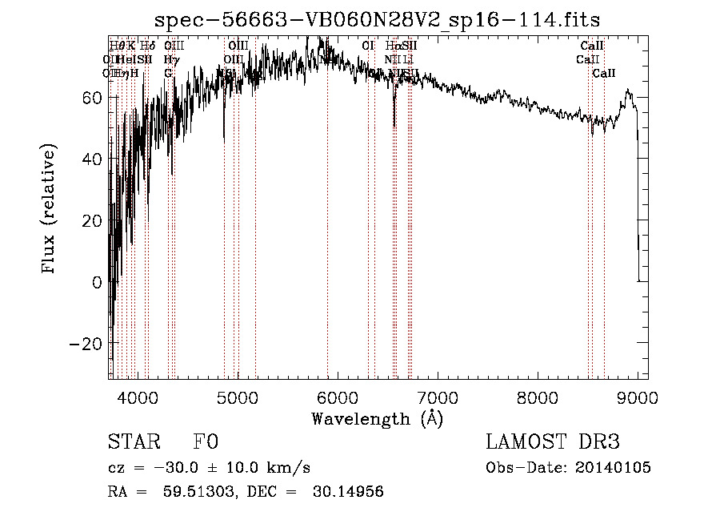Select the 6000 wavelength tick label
tap(338, 397)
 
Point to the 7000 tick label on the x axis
tap(438, 397)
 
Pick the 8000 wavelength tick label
tap(538, 397)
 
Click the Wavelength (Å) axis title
tap(378, 418)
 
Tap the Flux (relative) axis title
tap(50, 211)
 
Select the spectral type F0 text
tap(206, 442)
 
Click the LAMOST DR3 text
tap(553, 442)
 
